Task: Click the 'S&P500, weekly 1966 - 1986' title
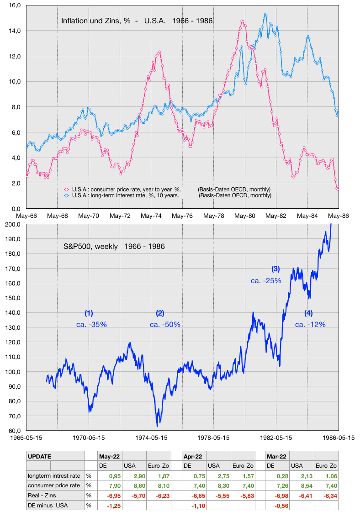pyautogui.click(x=114, y=246)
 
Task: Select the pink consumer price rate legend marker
pyautogui.click(x=67, y=190)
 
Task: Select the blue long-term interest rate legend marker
pyautogui.click(x=67, y=195)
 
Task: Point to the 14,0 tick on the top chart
pyautogui.click(x=15, y=31)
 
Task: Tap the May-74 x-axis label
pyautogui.click(x=151, y=216)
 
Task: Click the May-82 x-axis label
pyautogui.click(x=276, y=216)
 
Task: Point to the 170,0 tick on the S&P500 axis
pyautogui.click(x=13, y=269)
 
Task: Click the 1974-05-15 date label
pyautogui.click(x=151, y=438)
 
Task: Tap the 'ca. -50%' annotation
pyautogui.click(x=165, y=324)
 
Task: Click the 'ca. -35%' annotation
pyautogui.click(x=92, y=324)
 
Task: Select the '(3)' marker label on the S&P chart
pyautogui.click(x=275, y=269)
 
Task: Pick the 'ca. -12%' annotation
pyautogui.click(x=310, y=324)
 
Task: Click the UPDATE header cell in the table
pyautogui.click(x=40, y=457)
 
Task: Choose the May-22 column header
pyautogui.click(x=110, y=457)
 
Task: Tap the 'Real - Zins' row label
pyautogui.click(x=42, y=495)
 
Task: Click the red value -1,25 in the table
pyautogui.click(x=113, y=506)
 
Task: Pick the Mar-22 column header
pyautogui.click(x=276, y=457)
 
